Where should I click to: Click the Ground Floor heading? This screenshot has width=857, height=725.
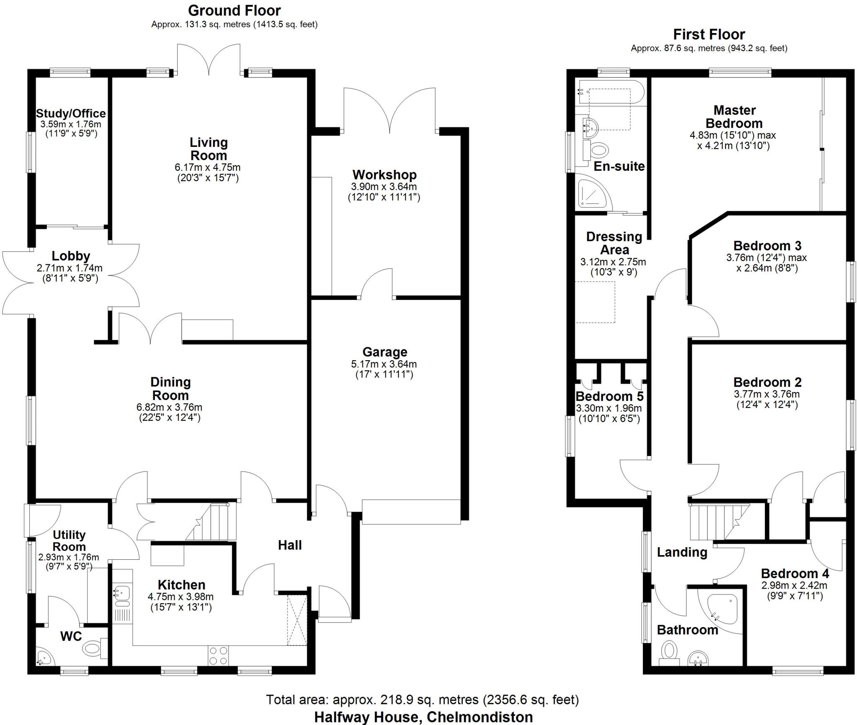(x=234, y=10)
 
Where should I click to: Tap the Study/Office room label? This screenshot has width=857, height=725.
(x=71, y=113)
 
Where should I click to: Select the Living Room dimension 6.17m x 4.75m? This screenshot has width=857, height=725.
(x=208, y=167)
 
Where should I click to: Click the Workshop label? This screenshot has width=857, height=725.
(x=384, y=174)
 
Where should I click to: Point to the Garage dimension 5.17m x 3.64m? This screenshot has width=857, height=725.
(x=384, y=364)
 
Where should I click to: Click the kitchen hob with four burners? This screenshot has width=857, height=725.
(x=218, y=656)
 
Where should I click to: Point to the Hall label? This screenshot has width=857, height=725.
(x=290, y=545)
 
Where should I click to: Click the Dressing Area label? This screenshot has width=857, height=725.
(x=614, y=243)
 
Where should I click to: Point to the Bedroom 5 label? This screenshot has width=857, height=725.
(x=609, y=396)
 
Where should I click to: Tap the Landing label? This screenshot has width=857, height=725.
(x=682, y=552)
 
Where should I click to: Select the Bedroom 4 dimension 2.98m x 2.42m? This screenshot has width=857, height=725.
(x=794, y=586)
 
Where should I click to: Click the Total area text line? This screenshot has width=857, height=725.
(x=422, y=699)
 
